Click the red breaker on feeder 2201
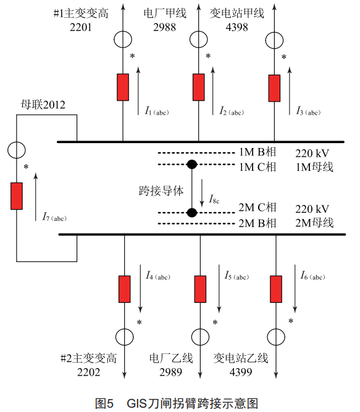[123, 87]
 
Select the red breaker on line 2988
[199, 87]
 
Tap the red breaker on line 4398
[274, 88]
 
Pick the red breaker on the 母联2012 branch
[17, 196]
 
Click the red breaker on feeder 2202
[125, 289]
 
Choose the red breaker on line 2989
[200, 289]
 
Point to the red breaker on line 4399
[276, 289]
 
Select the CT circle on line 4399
[276, 328]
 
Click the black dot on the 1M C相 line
[192, 165]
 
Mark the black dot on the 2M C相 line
[192, 212]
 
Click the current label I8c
[214, 199]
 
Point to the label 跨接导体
[161, 191]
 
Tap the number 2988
[164, 27]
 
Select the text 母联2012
[43, 105]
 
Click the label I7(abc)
[54, 217]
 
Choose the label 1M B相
[257, 152]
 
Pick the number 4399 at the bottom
[241, 372]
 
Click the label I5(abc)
[237, 276]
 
